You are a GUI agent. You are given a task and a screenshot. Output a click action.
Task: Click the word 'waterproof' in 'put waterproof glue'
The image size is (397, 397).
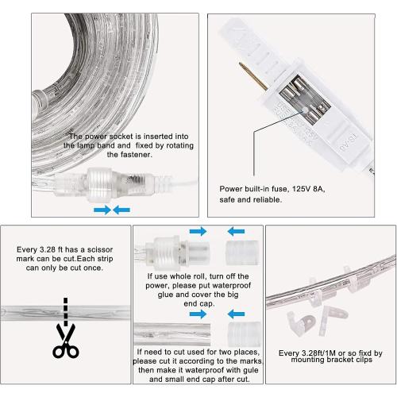[x=221, y=291]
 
